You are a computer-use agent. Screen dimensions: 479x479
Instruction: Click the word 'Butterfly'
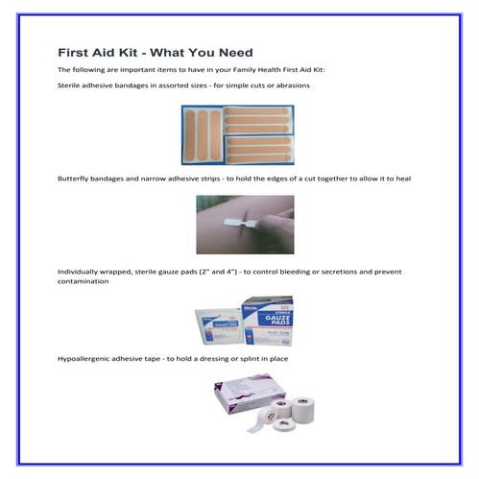click(x=74, y=179)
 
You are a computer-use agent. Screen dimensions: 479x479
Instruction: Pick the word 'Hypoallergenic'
click(x=86, y=358)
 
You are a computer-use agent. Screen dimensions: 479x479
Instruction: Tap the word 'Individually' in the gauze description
click(x=80, y=272)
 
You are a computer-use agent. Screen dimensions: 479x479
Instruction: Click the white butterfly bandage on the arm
click(x=234, y=220)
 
